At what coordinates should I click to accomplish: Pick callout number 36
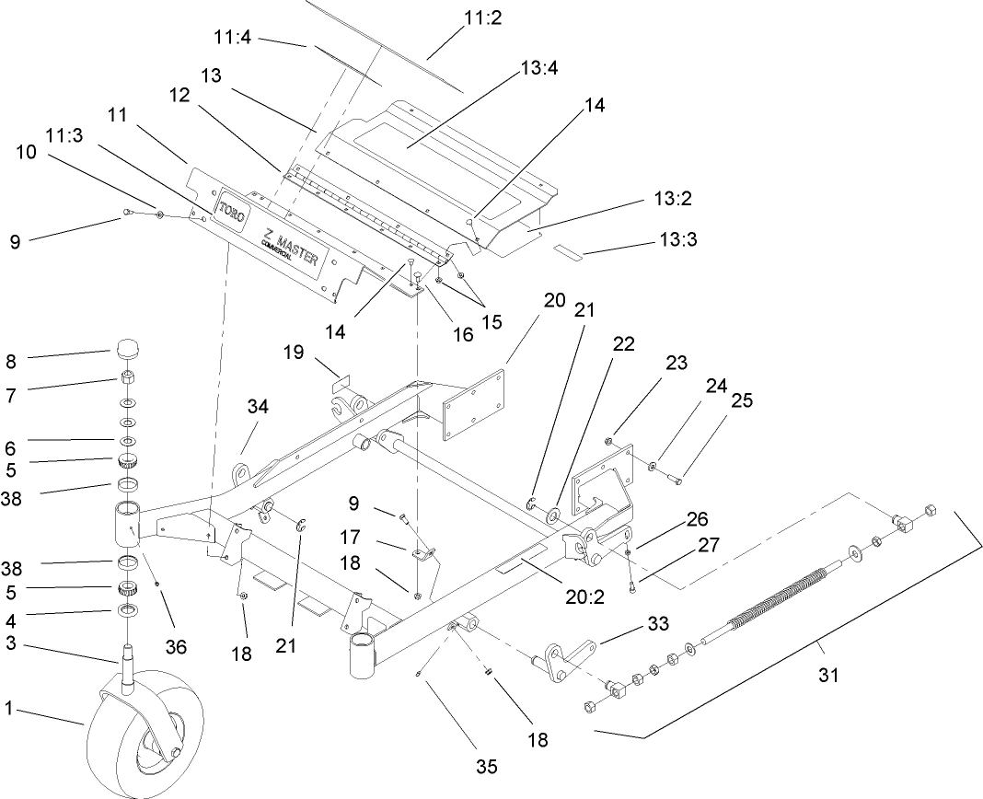coord(175,648)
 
